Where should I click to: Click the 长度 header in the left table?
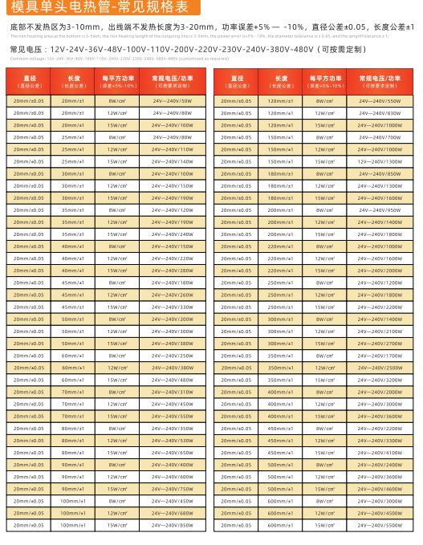[x=73, y=81]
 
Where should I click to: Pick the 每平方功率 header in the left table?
[x=117, y=81]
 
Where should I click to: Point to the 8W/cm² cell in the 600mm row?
[x=324, y=501]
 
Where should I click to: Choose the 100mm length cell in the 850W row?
[x=73, y=525]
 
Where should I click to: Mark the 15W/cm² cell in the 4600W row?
[x=324, y=489]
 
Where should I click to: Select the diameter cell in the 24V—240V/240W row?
[x=29, y=234]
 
